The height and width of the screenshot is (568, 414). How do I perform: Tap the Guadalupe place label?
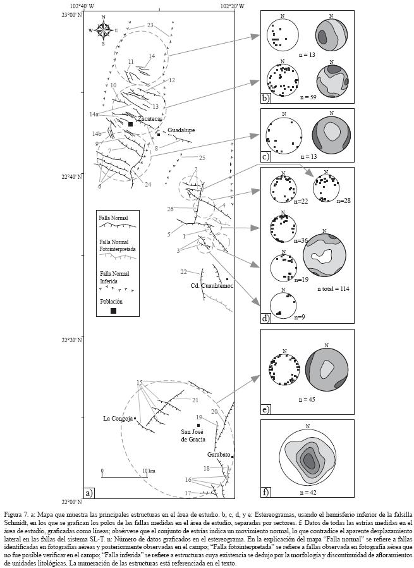(x=181, y=130)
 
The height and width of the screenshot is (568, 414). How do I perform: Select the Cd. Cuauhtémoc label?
(x=212, y=286)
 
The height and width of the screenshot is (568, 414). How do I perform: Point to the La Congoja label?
(x=118, y=418)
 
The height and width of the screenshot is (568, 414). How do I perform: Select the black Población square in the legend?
(x=113, y=311)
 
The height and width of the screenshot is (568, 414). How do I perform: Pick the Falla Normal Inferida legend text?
(x=113, y=277)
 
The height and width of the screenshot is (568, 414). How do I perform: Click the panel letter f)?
(x=265, y=492)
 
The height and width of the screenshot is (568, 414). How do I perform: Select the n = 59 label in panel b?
(x=308, y=97)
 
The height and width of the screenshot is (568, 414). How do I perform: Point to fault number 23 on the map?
(x=150, y=25)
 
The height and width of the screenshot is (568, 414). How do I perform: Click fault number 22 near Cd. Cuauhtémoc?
(x=183, y=271)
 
